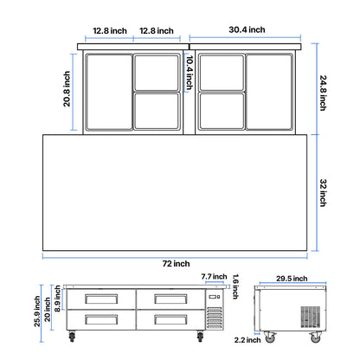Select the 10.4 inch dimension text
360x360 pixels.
(x=190, y=74)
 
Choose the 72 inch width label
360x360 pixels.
(x=175, y=263)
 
